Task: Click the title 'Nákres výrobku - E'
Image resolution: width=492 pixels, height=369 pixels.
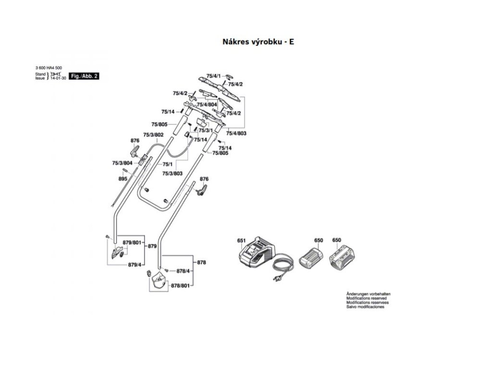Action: [258, 41]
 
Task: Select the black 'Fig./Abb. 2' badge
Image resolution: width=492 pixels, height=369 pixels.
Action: [84, 76]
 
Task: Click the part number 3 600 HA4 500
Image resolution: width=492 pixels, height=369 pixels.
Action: [49, 69]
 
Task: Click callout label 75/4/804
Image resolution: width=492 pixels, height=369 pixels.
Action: [207, 104]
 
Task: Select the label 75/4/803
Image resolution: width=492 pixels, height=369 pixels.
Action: [236, 133]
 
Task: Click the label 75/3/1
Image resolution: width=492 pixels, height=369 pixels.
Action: [205, 130]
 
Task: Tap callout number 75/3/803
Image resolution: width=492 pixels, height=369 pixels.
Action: [172, 173]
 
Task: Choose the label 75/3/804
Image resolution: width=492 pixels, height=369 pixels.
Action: [122, 163]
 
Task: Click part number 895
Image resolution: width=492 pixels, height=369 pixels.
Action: [123, 179]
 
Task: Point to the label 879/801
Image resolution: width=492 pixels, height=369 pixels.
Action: [132, 243]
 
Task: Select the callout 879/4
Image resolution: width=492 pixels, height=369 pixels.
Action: [135, 265]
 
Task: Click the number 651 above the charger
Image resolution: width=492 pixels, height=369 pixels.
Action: [241, 240]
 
